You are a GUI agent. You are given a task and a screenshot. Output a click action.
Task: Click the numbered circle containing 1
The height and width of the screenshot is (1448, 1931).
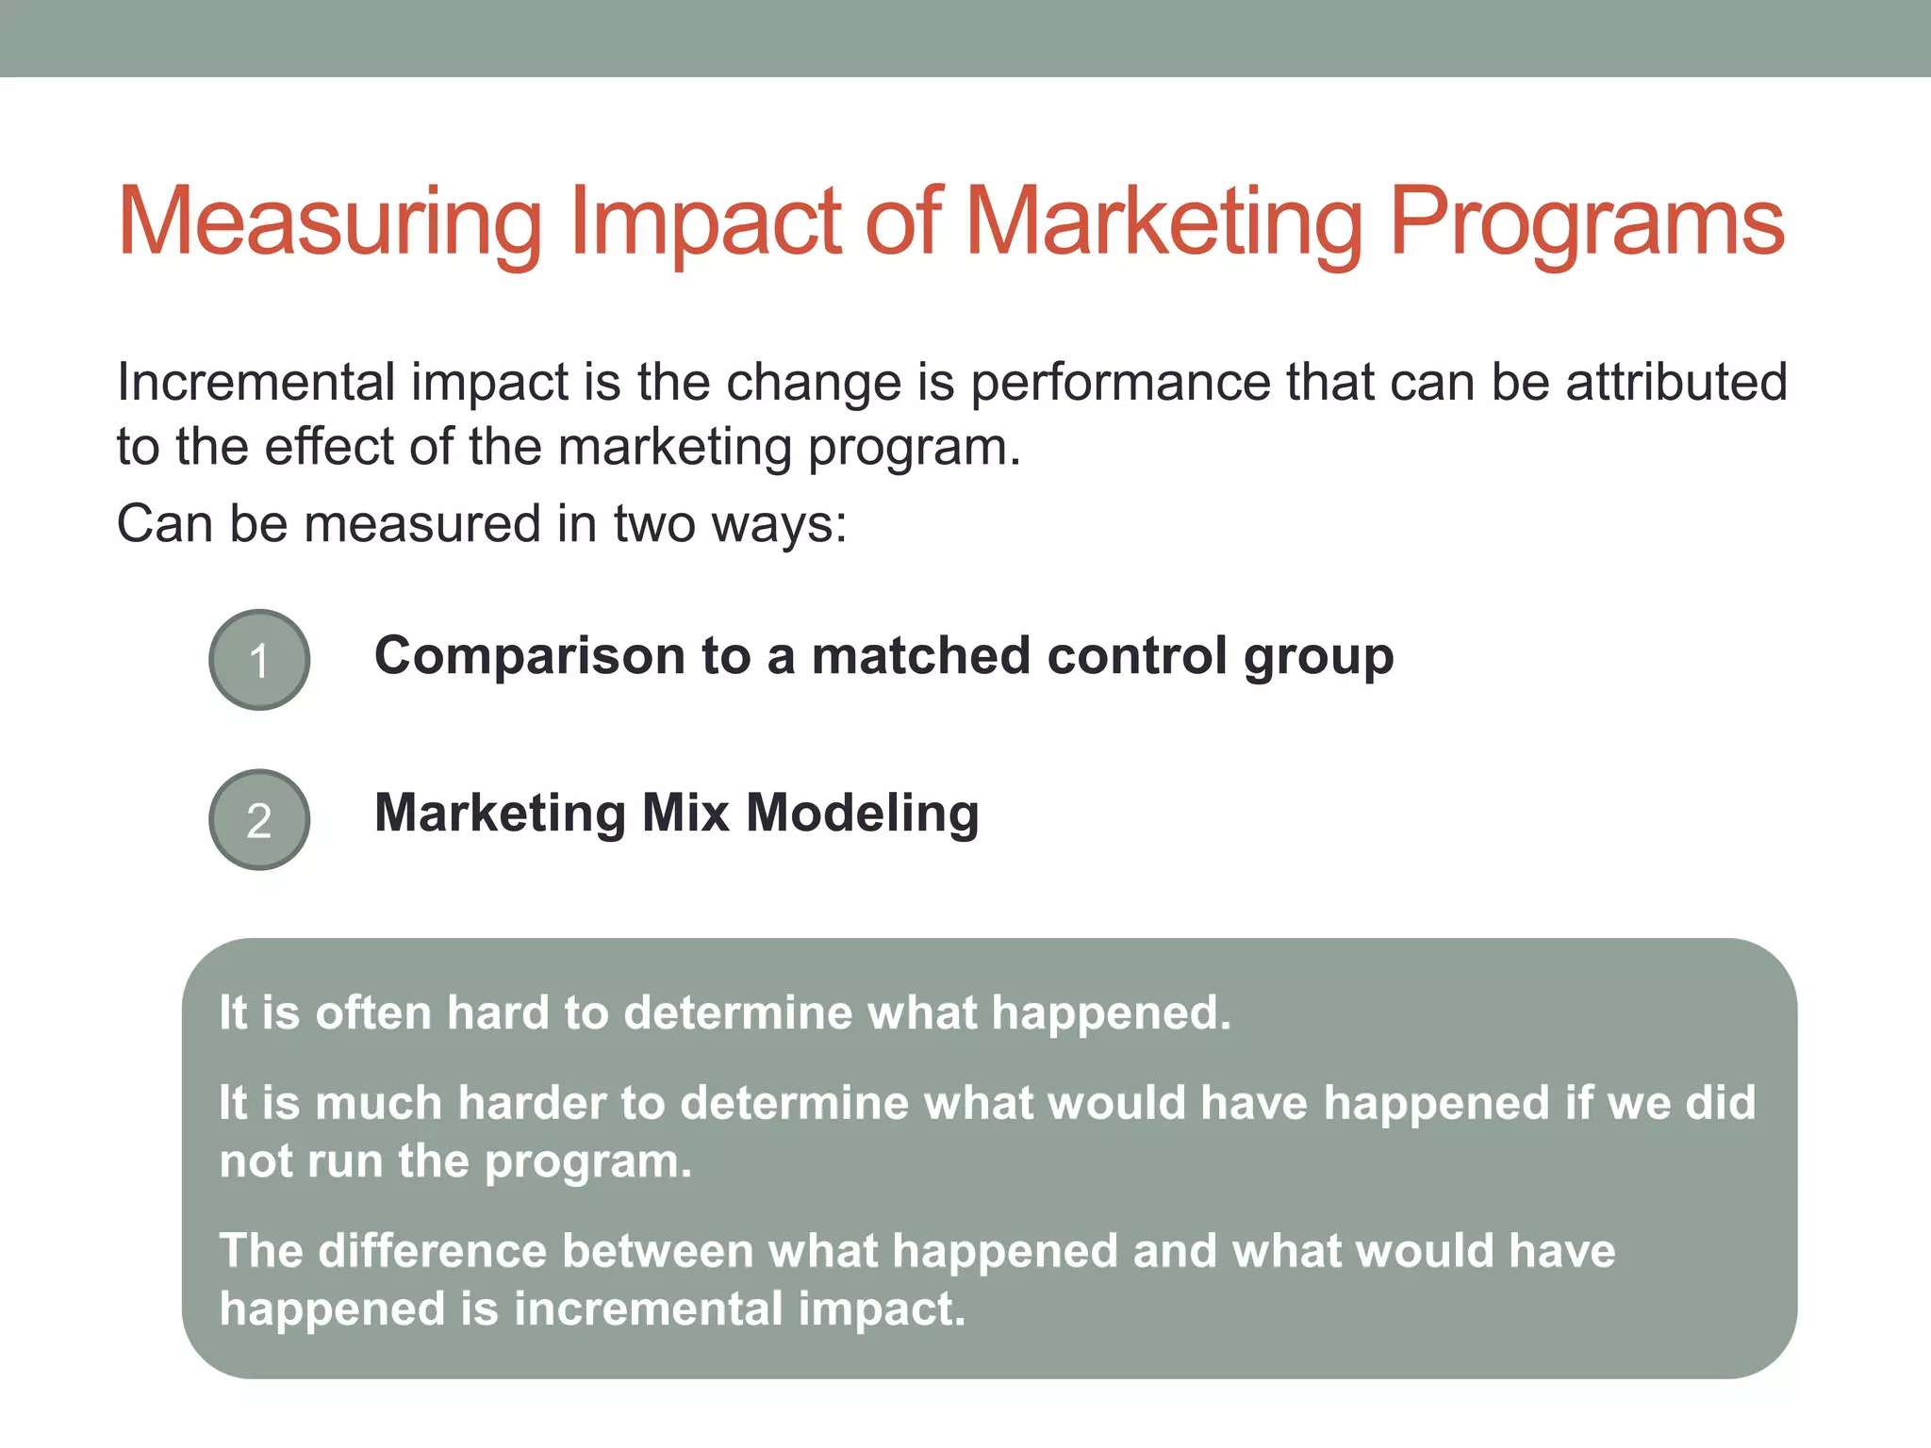tap(259, 660)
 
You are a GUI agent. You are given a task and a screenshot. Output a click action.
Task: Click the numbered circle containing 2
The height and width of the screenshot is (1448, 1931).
tap(259, 819)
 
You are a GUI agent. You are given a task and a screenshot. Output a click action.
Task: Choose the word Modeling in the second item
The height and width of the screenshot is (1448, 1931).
tap(862, 813)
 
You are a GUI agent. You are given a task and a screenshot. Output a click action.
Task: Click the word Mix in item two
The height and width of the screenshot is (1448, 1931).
tap(685, 813)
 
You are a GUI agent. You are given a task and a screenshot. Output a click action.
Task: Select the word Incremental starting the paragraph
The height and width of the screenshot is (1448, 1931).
tap(256, 383)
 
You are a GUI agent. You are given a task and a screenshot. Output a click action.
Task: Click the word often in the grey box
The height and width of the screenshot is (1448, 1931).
tap(372, 1012)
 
